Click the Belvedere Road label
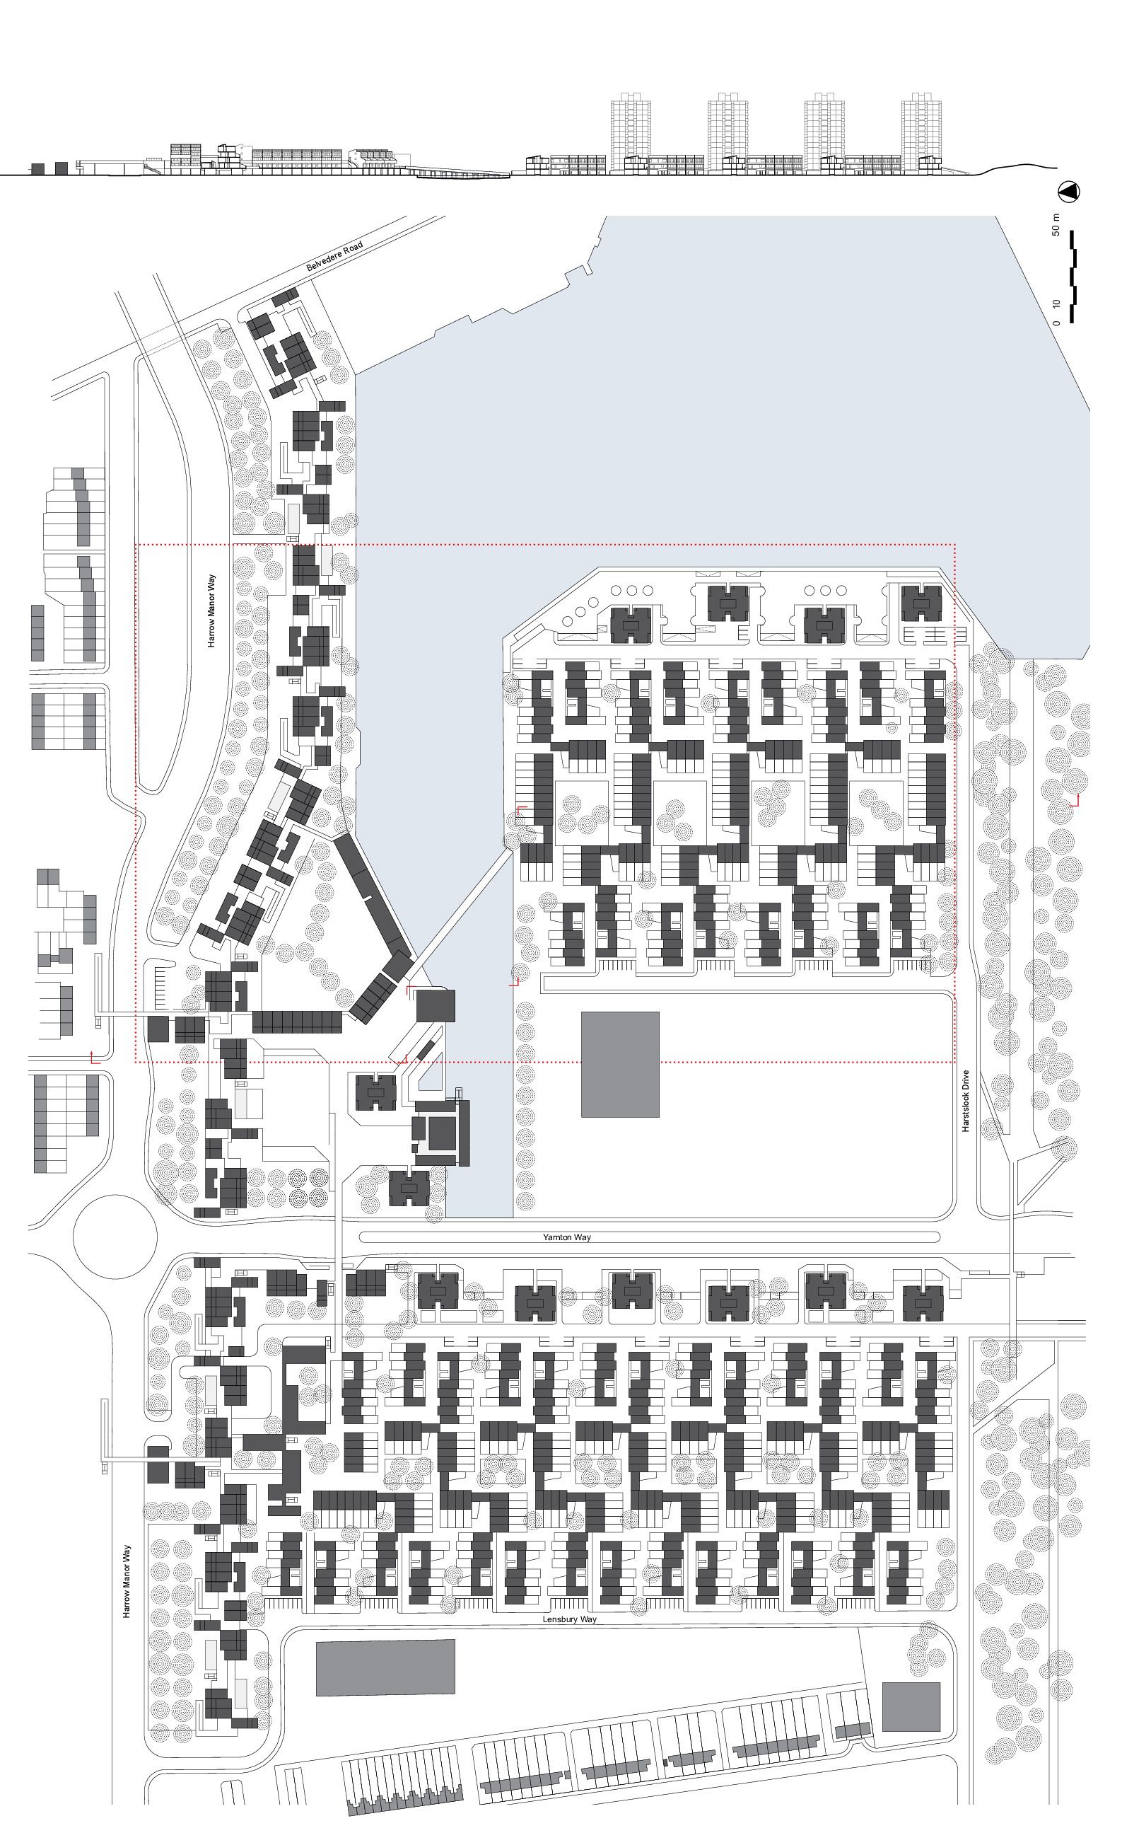334,257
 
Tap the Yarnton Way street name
566,1237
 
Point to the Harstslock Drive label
966,1100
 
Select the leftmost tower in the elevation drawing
630,133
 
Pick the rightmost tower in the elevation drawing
920,133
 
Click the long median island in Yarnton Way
649,1237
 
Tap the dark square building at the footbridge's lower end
435,1005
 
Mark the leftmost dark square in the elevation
36,168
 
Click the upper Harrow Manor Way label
212,611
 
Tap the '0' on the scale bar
1056,323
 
